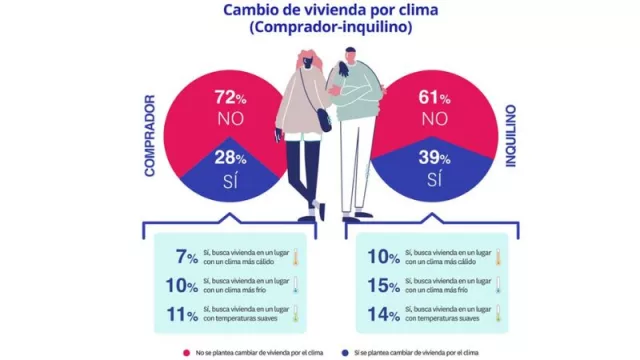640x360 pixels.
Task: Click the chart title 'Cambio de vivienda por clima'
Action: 320,11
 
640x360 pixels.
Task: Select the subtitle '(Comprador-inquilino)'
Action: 320,29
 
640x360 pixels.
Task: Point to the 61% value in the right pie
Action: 433,98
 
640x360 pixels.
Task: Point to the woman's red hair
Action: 300,60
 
